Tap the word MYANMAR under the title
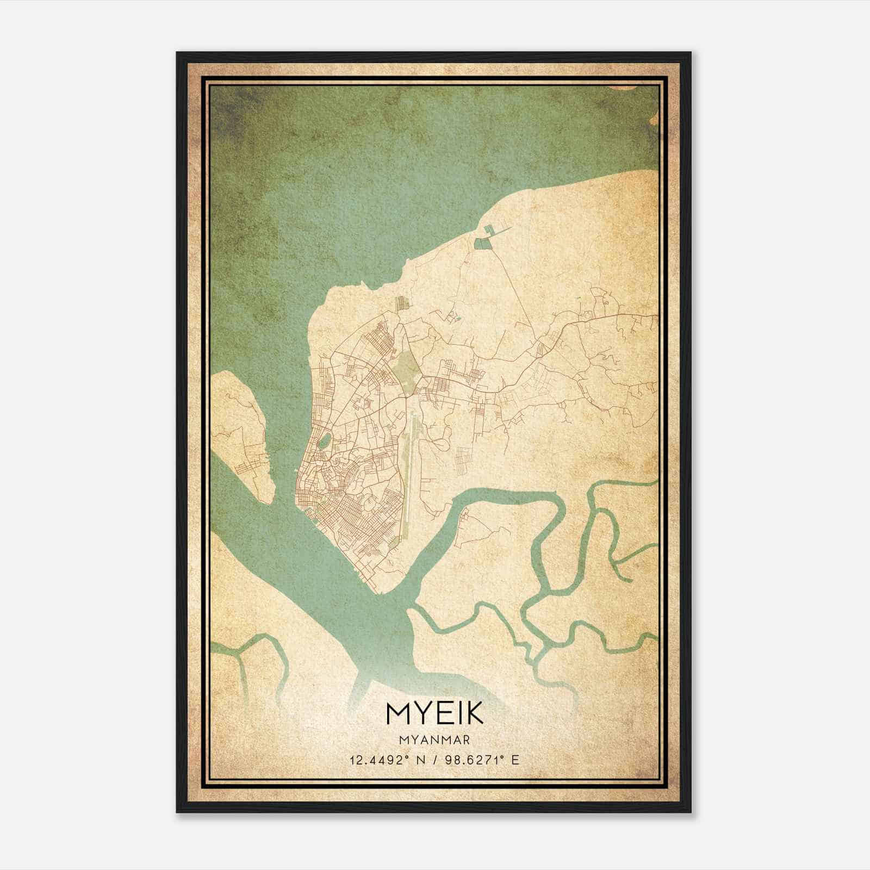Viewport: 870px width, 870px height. click(434, 739)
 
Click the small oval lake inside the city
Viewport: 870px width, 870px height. click(324, 439)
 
